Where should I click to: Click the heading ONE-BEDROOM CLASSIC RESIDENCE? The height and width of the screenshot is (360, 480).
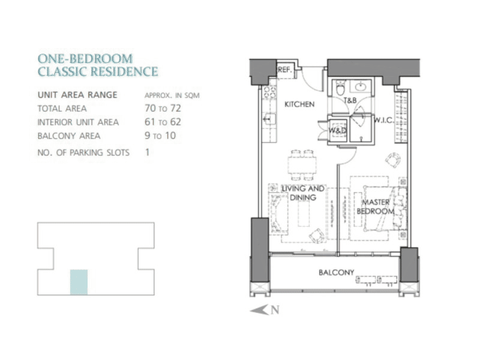pos(98,65)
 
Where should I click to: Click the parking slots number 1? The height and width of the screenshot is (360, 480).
pos(148,152)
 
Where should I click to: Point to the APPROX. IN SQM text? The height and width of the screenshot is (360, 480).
pos(172,95)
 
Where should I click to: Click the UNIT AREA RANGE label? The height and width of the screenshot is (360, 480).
pos(77,95)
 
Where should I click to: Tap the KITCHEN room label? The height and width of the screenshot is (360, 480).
pos(299,104)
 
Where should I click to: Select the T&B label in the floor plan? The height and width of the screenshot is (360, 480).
pos(350,100)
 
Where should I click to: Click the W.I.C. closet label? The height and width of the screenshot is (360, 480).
pos(383,121)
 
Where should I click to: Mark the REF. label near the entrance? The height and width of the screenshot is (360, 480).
pos(284,70)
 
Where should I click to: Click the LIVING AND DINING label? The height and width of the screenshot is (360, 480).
pos(303,193)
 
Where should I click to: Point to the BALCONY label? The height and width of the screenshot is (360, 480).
pos(336,272)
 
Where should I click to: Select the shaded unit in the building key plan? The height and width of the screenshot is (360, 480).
pos(79,282)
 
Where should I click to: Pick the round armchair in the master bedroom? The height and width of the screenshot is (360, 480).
pos(393,161)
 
